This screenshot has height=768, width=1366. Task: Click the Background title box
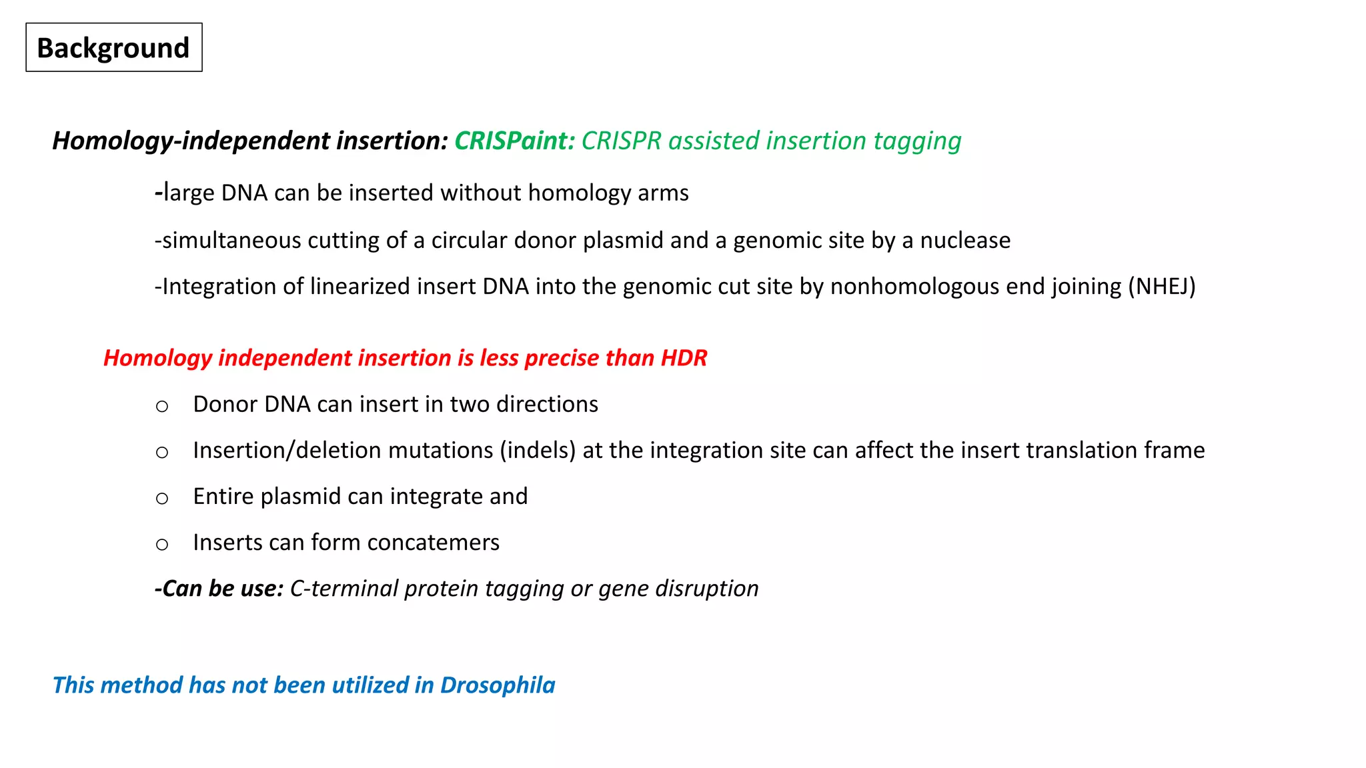click(x=113, y=48)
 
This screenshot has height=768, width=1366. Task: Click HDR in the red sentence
click(x=684, y=359)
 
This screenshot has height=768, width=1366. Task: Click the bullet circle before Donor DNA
click(x=162, y=406)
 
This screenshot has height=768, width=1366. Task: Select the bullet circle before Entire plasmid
click(x=162, y=498)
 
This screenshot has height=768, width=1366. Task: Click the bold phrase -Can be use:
click(x=219, y=589)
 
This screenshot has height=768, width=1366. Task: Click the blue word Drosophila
click(x=498, y=685)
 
